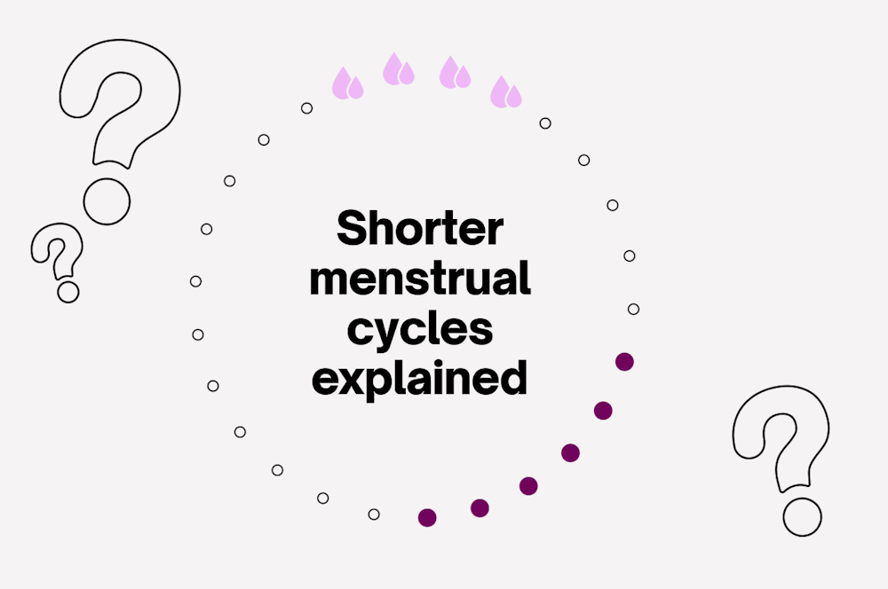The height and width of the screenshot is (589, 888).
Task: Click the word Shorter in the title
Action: click(x=419, y=230)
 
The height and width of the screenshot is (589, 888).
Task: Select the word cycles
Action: click(x=419, y=330)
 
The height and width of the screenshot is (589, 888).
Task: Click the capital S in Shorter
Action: click(x=352, y=230)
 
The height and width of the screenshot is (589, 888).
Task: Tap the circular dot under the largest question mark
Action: click(x=107, y=200)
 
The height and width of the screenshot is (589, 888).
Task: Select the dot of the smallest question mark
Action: click(x=67, y=291)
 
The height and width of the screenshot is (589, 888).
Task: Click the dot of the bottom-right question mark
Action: click(x=803, y=516)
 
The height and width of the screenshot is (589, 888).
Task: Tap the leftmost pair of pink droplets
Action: click(x=347, y=83)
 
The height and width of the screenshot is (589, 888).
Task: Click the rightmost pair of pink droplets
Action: click(x=506, y=91)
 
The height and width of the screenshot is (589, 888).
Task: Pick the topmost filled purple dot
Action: click(x=624, y=361)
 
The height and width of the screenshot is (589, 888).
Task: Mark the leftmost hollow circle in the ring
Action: click(x=195, y=281)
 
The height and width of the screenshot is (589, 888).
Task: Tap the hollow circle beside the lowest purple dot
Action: click(x=374, y=514)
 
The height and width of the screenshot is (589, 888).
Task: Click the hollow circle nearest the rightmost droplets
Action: click(x=545, y=123)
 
